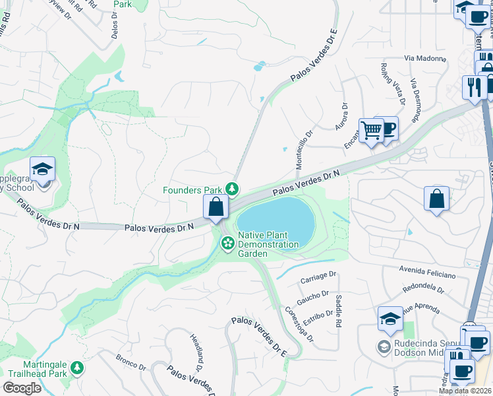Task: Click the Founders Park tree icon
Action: [232, 190]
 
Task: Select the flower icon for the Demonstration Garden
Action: [227, 244]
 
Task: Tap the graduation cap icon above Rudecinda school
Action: [390, 319]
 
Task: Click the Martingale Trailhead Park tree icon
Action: [78, 368]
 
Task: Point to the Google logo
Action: [22, 387]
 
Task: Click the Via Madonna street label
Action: [426, 59]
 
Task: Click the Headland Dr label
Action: [196, 348]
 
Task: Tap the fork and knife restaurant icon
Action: [474, 86]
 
